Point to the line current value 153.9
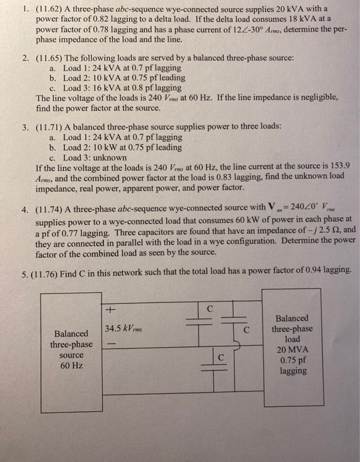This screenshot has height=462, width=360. click(x=335, y=168)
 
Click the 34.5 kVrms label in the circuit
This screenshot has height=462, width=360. click(x=124, y=329)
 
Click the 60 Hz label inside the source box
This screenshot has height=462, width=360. click(x=73, y=365)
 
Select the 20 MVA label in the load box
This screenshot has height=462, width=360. click(x=292, y=350)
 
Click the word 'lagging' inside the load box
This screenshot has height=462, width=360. click(x=293, y=371)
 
